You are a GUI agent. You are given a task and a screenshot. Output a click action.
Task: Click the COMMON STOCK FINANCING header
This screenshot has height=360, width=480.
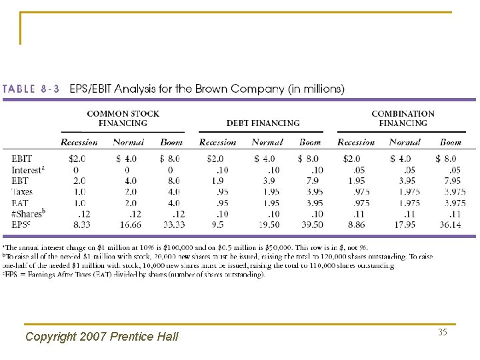123,118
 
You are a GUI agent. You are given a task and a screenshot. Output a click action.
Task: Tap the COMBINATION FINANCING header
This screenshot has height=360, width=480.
403,118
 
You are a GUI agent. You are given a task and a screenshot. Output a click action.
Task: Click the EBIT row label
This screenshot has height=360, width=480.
21,159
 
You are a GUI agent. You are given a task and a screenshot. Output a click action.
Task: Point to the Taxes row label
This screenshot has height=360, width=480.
23,192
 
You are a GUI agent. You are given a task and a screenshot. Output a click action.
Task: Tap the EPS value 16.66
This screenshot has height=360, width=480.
126,225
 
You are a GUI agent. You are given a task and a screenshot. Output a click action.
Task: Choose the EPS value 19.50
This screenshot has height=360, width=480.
265,225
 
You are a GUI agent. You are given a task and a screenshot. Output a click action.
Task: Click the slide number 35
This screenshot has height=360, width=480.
441,332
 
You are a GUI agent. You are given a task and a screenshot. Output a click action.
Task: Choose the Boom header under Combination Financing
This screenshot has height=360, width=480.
450,142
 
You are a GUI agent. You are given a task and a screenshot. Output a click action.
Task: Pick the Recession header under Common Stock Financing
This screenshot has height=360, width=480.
79,142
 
